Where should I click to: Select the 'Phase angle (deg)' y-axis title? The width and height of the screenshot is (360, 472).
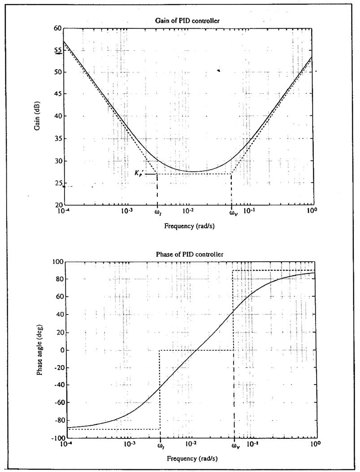40,351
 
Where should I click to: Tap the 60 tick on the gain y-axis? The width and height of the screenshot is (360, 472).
57,28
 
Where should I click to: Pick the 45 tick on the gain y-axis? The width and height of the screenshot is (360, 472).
57,94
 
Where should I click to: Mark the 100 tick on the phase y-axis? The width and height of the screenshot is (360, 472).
57,262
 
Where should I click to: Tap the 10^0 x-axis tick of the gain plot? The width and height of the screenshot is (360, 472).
309,211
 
